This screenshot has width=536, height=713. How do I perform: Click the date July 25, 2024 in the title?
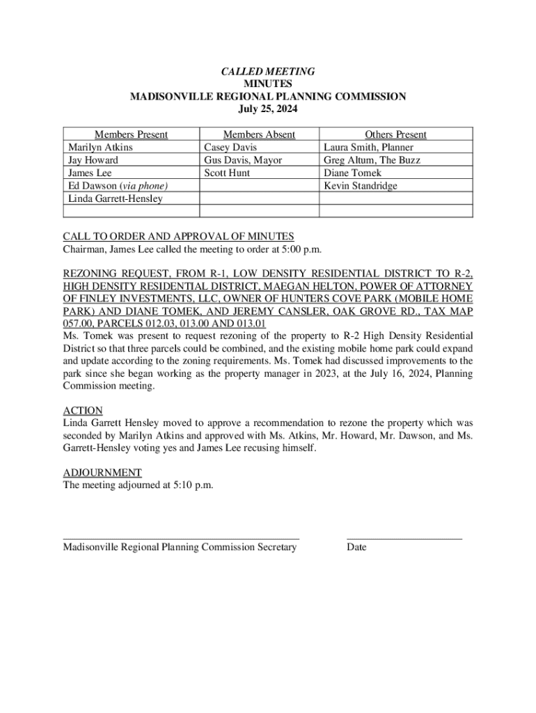pos(268,109)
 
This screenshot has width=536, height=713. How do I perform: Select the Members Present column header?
pos(132,134)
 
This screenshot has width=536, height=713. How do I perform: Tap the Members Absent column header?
pos(259,134)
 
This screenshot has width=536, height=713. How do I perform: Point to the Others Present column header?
pos(395,134)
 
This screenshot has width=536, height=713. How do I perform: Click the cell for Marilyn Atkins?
pos(100,148)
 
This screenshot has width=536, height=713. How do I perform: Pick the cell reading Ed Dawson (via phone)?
pos(118,186)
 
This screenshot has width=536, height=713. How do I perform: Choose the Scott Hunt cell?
pos(227,173)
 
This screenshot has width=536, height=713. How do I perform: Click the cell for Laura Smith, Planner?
pos(368,148)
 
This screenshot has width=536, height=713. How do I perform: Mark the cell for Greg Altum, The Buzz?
pos(372,160)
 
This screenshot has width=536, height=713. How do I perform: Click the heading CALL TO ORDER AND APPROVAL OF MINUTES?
pos(178,236)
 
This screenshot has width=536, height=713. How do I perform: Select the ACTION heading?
pos(83,411)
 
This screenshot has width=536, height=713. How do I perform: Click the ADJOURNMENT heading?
pos(102,472)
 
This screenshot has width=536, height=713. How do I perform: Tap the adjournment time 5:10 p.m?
pos(191,485)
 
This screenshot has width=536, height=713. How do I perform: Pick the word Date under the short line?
pos(356,547)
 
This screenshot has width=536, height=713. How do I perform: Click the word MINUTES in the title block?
pos(268,84)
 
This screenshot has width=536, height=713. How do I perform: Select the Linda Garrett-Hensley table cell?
pos(115,199)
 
